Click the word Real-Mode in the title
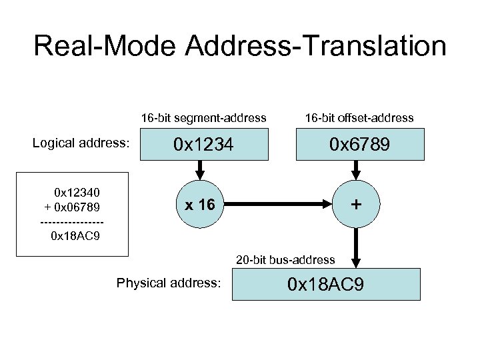tap(105, 47)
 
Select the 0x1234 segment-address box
tap(203, 145)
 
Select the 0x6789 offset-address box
tap(359, 145)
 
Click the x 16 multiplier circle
tap(199, 205)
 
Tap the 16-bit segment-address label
tap(203, 118)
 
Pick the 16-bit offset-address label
tap(359, 118)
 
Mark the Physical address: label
tap(168, 283)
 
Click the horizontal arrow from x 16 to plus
tap(280, 205)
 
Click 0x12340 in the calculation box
tap(77, 193)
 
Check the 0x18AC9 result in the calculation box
tap(76, 235)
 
